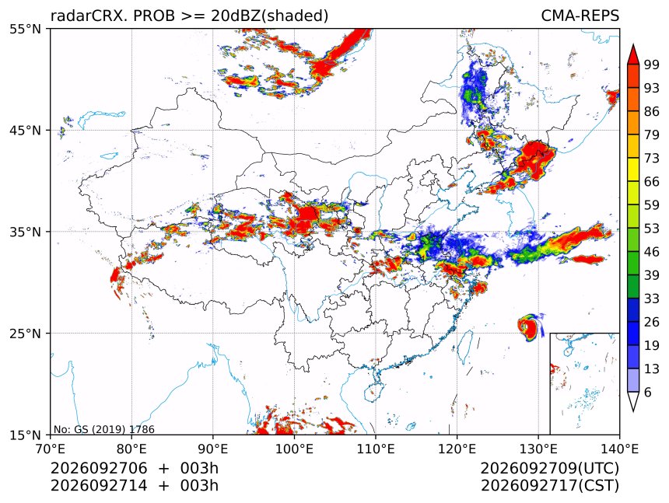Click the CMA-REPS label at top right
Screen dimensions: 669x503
click(x=580, y=16)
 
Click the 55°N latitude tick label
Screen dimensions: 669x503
click(x=25, y=29)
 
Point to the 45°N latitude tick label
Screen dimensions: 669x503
click(x=25, y=131)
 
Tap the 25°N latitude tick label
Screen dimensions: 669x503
click(x=25, y=334)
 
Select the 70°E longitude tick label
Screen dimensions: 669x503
click(x=51, y=449)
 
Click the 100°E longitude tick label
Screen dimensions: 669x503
click(x=294, y=449)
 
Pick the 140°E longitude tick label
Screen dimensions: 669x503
click(x=619, y=449)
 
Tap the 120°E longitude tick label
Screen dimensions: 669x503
click(x=457, y=449)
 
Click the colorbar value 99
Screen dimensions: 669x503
click(x=652, y=65)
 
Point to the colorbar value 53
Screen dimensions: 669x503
click(x=652, y=229)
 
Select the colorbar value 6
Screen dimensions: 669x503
click(x=648, y=392)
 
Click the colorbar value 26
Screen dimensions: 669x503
click(x=652, y=322)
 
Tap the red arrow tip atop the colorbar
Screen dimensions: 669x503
click(x=633, y=45)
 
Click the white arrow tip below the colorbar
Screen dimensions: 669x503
click(x=633, y=411)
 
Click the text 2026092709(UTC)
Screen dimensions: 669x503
click(x=550, y=469)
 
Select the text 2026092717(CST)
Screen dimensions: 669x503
click(x=550, y=486)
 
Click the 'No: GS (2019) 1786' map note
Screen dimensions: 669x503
click(x=104, y=429)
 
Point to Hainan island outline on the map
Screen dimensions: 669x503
click(x=372, y=391)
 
